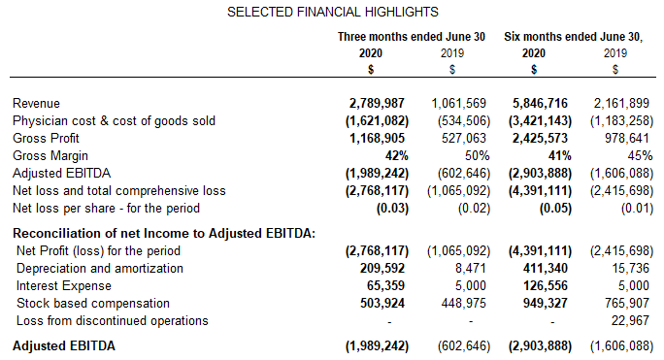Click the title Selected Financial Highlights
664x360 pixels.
tap(332, 12)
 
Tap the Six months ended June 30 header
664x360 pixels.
tap(574, 36)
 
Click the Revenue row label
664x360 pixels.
tap(37, 103)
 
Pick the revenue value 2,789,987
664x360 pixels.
tap(379, 103)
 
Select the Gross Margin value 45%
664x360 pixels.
tap(636, 155)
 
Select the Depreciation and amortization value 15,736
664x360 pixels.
tap(631, 268)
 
